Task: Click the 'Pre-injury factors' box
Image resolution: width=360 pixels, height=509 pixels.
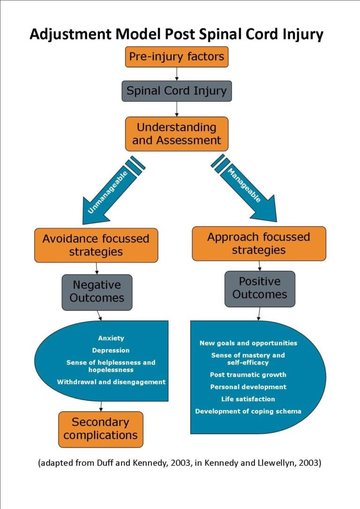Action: [176, 58]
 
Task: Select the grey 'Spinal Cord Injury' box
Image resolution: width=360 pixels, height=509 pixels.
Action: [176, 90]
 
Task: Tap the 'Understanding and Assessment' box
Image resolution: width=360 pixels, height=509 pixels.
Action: [176, 134]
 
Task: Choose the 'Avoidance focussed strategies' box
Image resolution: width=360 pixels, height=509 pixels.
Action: [96, 245]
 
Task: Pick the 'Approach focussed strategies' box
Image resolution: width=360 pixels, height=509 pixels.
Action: [259, 243]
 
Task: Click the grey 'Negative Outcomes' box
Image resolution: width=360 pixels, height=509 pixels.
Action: [97, 292]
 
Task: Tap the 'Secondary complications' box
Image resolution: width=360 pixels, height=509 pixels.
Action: [100, 428]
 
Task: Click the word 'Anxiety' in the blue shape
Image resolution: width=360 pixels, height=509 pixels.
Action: [111, 338]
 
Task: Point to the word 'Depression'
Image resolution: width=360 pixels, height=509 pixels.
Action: [111, 350]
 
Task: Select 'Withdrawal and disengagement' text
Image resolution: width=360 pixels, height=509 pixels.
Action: [111, 382]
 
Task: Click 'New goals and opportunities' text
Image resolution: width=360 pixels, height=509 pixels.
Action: [248, 343]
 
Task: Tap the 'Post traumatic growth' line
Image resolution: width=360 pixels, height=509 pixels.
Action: [248, 375]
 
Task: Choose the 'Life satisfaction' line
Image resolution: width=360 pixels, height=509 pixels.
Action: [248, 399]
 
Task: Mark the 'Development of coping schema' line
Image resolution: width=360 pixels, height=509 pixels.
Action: [248, 412]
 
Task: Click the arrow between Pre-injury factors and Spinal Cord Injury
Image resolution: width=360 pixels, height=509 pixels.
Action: [177, 74]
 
